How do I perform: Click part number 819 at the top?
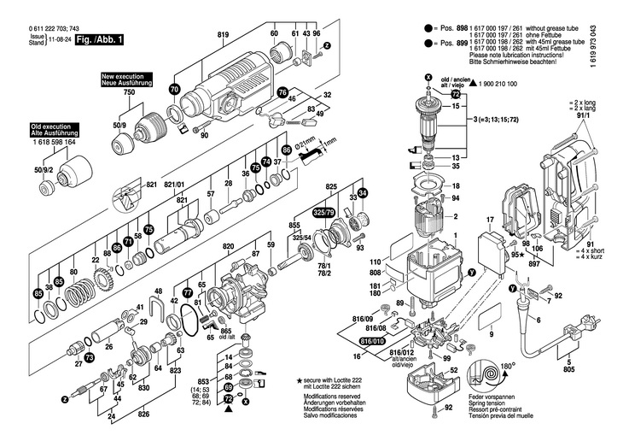224,33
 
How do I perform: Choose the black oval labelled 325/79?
324,210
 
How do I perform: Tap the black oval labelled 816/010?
374,341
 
